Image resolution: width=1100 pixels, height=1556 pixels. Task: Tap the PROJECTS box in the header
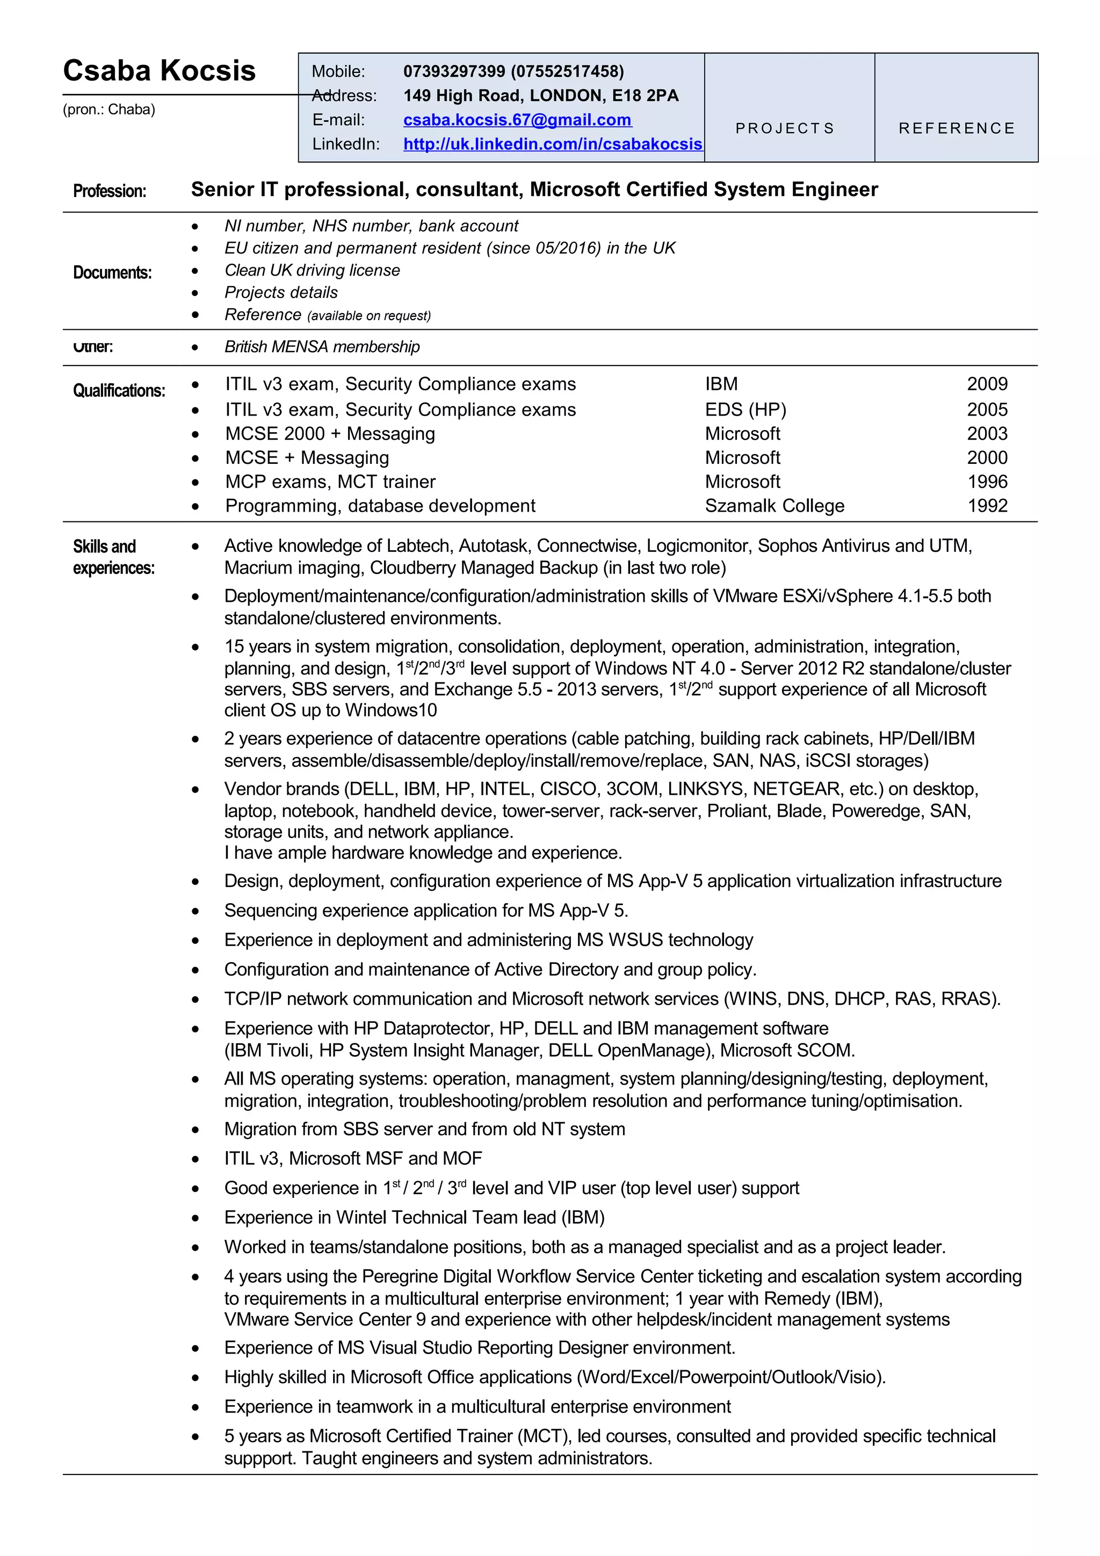click(785, 128)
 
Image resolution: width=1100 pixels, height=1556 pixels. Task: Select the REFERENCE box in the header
click(956, 128)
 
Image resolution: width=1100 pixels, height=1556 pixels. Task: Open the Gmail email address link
click(517, 120)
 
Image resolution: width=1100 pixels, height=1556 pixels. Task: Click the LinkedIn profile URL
click(552, 144)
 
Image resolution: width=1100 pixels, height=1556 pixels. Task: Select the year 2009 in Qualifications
click(986, 384)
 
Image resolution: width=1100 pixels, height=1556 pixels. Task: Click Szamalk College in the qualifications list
click(774, 506)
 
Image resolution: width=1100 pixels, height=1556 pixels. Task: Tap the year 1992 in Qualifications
click(986, 506)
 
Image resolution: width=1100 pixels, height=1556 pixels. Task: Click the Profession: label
click(109, 191)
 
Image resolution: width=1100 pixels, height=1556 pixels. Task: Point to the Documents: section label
click(112, 272)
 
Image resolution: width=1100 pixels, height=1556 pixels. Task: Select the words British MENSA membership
click(322, 347)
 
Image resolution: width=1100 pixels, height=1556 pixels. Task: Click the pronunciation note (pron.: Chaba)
click(109, 110)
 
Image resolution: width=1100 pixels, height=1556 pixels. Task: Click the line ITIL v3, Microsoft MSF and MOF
click(352, 1158)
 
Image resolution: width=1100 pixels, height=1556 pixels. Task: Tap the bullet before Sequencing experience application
click(195, 912)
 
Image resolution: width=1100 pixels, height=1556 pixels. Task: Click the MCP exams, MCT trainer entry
click(330, 482)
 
